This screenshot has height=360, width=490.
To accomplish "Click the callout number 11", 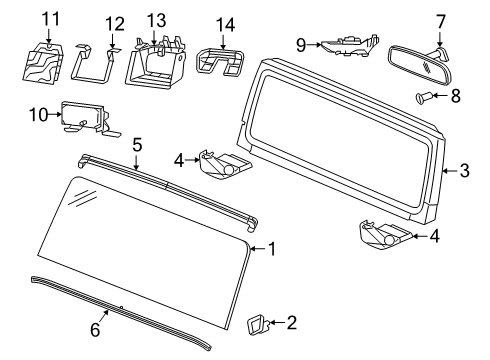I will pos(49,17).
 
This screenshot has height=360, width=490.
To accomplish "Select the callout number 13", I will pos(156,20).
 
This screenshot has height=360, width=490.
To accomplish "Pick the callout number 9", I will pos(299,44).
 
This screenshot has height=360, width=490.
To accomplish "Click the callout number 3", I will pos(464,171).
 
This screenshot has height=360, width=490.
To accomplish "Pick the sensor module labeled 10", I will pos(85,117).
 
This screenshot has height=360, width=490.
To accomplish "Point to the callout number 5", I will pos(137,144).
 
